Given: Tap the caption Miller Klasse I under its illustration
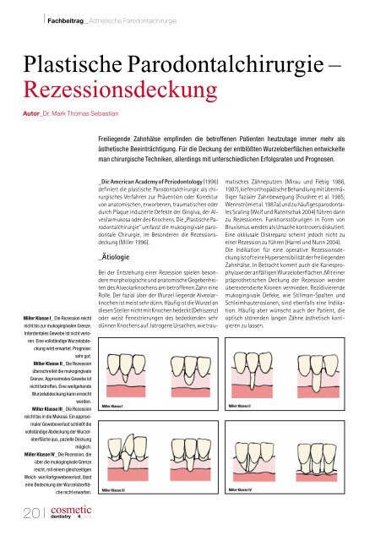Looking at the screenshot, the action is click(111, 407).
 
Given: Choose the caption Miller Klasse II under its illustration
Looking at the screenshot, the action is click(241, 407).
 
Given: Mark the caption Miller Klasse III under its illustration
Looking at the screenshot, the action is click(112, 490).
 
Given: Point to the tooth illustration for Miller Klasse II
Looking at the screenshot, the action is click(288, 375).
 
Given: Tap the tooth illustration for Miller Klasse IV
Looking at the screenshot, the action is click(288, 457).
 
